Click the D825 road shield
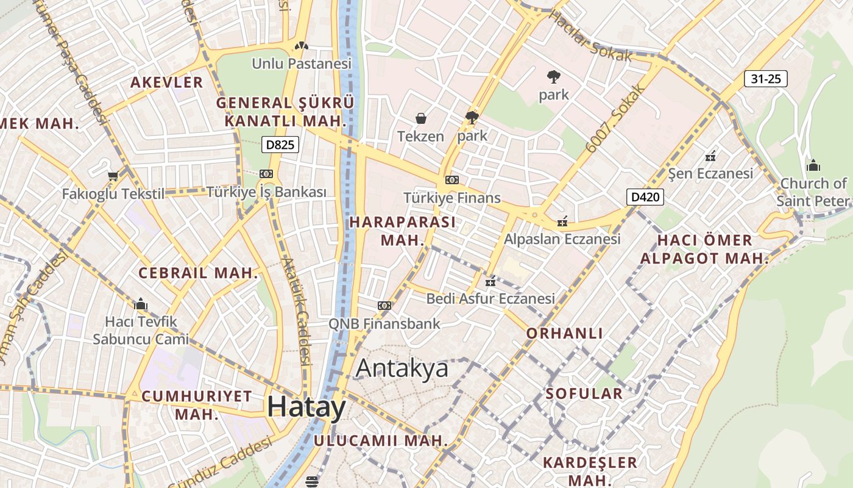click(x=280, y=145)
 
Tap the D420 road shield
click(x=645, y=197)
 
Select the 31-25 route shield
click(x=766, y=79)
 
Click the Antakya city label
click(x=402, y=368)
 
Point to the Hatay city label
click(x=306, y=407)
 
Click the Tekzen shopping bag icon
click(x=420, y=118)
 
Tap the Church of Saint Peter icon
click(x=813, y=165)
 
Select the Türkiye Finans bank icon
click(x=451, y=180)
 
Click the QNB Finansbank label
click(x=384, y=323)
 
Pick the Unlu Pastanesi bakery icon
click(x=300, y=46)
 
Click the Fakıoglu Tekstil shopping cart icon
click(x=113, y=176)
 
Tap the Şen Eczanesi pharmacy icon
click(x=710, y=156)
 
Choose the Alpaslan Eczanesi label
click(x=561, y=239)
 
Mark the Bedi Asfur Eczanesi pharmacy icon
click(x=490, y=282)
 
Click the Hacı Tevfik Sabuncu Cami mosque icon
click(x=141, y=304)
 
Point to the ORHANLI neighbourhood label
click(x=565, y=333)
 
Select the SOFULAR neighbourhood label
click(x=584, y=393)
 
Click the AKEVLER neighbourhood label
click(x=166, y=82)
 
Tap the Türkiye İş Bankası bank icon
click(x=266, y=174)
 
